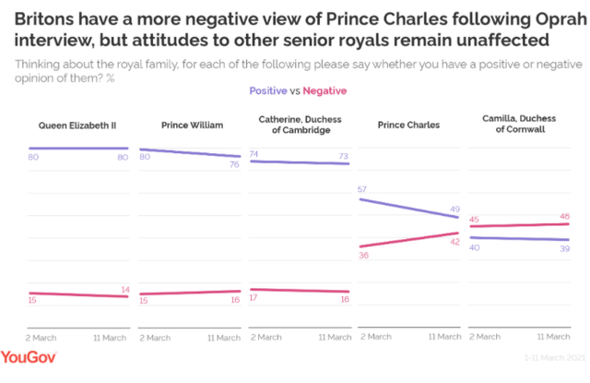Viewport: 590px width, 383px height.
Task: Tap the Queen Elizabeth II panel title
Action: coord(77,124)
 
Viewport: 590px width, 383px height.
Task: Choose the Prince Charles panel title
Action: coord(409,124)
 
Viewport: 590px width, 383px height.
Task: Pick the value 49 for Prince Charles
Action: coord(454,209)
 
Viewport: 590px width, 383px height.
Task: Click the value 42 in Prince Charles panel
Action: coord(454,241)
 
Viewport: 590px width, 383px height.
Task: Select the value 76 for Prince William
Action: coord(233,165)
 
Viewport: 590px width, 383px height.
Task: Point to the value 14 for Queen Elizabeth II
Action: coord(123,289)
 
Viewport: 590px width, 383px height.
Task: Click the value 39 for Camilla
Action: coord(563,249)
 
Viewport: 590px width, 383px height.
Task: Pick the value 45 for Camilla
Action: coord(476,219)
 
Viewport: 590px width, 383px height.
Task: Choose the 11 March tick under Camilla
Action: coord(554,338)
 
